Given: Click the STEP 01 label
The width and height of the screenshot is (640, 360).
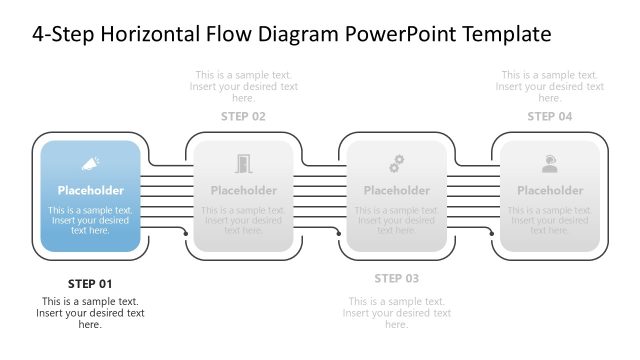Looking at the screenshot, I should coord(90,283).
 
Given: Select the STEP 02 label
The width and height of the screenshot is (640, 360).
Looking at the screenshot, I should coord(243,117).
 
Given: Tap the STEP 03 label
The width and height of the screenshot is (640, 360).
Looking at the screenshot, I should coord(396,278).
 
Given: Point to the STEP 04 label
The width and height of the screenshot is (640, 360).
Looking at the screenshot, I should coord(550,117).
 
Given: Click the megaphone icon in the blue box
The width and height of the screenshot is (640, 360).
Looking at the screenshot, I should coord(90,163).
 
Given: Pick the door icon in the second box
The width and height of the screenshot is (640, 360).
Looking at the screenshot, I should coord(243,163).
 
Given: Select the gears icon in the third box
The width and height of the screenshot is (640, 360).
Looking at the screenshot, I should coord(396,163).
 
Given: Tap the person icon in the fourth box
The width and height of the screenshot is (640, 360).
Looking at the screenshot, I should coord(550,163).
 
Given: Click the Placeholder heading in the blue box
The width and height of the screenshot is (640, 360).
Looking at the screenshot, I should coord(90,190).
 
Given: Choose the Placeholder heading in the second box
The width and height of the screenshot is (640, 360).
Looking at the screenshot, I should coord(243,190).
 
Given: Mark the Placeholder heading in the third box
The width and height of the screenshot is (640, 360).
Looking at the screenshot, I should coord(396,190).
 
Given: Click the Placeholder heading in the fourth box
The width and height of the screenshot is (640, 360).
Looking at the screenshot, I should coord(550,190).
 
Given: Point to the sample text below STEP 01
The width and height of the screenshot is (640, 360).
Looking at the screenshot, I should coord(90,313).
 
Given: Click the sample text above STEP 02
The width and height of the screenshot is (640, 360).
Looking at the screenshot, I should coord(243,87).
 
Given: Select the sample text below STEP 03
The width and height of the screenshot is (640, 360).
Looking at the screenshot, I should coord(396,313).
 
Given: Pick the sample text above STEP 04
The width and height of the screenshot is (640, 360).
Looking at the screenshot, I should coord(550,87).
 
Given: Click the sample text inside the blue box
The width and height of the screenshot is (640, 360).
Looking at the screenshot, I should coord(90,220).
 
